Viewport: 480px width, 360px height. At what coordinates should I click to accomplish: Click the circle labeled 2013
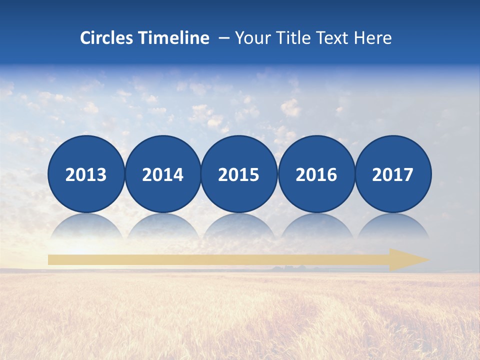click(x=86, y=174)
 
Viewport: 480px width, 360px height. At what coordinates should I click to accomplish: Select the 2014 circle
click(x=163, y=174)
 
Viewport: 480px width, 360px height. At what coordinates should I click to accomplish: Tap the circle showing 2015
click(x=239, y=174)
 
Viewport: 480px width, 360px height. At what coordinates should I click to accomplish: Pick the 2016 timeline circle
click(x=316, y=174)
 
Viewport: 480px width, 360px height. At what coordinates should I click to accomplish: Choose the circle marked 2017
click(x=393, y=174)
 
